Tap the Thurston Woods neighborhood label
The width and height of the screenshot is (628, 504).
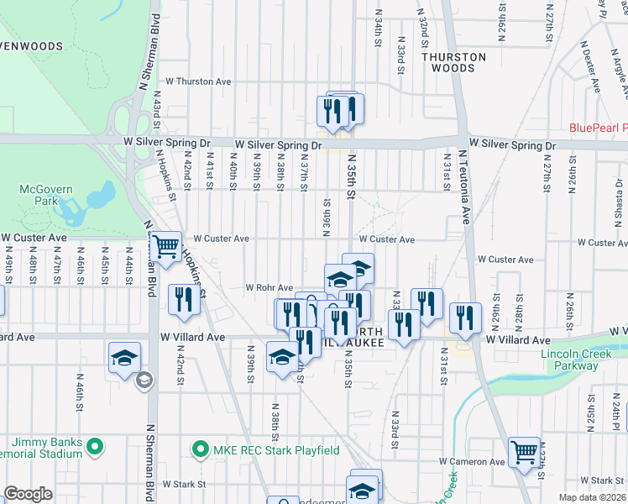(454, 62)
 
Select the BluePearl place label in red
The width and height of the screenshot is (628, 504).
(598, 128)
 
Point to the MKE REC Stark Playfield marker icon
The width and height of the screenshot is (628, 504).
(200, 451)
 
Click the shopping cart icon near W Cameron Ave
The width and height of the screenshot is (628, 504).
(524, 453)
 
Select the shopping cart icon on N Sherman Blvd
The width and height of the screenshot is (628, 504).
(165, 247)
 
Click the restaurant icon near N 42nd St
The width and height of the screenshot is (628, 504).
(184, 300)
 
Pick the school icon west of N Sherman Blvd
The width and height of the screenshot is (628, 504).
(124, 358)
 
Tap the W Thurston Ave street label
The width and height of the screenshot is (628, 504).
(198, 81)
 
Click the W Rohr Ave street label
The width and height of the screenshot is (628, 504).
(269, 287)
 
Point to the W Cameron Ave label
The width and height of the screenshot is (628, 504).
(472, 462)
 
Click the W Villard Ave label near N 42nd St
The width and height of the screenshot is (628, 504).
(193, 337)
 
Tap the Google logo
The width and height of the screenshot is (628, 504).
(29, 494)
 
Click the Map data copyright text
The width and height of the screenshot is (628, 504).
(592, 497)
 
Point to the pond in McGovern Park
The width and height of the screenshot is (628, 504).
(98, 195)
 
